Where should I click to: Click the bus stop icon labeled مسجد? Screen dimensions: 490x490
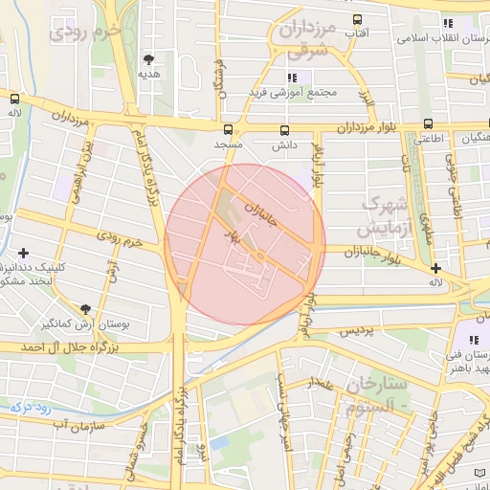(228, 129)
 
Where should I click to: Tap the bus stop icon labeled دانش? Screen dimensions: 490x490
(284, 130)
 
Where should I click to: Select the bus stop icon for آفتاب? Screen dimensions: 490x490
(357, 19)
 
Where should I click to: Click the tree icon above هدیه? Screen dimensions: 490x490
(147, 59)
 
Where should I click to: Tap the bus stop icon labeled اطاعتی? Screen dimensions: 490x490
(428, 123)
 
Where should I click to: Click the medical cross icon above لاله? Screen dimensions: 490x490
(435, 268)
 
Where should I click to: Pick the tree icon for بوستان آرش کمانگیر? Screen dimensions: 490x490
(86, 308)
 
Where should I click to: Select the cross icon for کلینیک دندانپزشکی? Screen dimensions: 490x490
(23, 252)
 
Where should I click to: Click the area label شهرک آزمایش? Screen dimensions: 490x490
(385, 217)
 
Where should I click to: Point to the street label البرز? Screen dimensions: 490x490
(367, 97)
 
